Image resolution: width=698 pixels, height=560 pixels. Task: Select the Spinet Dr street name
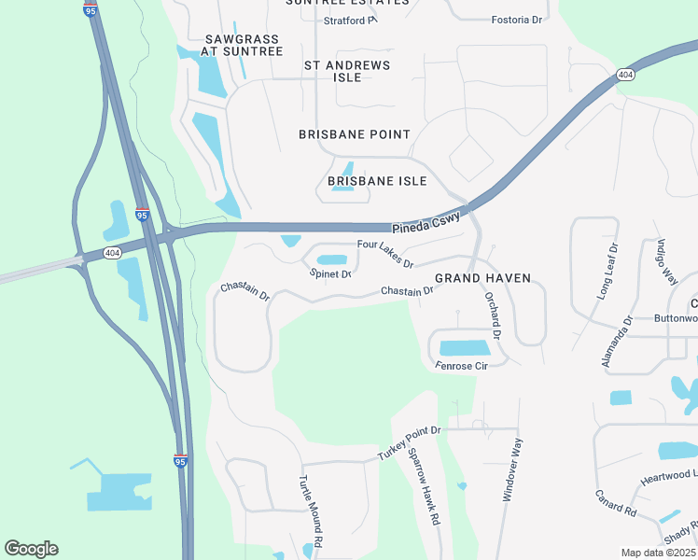pyautogui.click(x=330, y=274)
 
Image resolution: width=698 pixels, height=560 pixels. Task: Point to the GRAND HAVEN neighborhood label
pyautogui.click(x=482, y=278)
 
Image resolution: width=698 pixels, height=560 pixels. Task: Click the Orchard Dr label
pyautogui.click(x=494, y=315)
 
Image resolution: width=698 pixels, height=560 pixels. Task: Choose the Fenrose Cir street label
pyautogui.click(x=461, y=366)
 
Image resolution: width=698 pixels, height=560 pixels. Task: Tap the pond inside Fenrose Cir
pyautogui.click(x=464, y=348)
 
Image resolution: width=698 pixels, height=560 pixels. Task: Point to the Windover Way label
pyautogui.click(x=511, y=471)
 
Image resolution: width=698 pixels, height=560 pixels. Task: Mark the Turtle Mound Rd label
pyautogui.click(x=310, y=510)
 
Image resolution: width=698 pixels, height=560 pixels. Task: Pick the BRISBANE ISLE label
pyautogui.click(x=377, y=181)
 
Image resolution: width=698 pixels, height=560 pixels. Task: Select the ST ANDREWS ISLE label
pyautogui.click(x=347, y=71)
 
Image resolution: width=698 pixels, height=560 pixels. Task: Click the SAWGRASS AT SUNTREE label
pyautogui.click(x=243, y=46)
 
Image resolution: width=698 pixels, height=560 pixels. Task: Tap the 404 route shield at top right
pyautogui.click(x=625, y=74)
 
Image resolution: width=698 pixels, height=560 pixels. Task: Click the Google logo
pyautogui.click(x=31, y=548)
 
